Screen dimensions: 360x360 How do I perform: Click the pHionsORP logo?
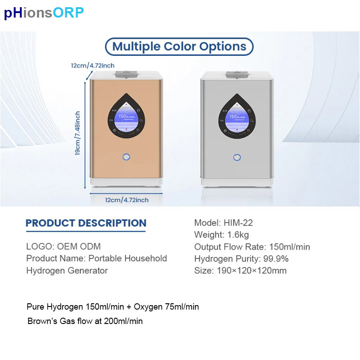[44, 13]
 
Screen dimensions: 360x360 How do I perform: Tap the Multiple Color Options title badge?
[179, 46]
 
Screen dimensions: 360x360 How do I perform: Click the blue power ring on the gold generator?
[126, 157]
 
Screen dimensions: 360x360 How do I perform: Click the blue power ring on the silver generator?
[237, 157]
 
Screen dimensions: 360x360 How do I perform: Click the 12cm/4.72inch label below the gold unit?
[126, 200]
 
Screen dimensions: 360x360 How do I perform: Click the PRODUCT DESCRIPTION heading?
[86, 223]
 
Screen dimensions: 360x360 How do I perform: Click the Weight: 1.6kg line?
[221, 234]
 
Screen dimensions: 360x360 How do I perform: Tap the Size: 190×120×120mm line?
[240, 270]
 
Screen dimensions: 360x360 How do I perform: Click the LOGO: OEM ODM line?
[63, 247]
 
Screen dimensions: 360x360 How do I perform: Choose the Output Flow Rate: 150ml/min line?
[252, 247]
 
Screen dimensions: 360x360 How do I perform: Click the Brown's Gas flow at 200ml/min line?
[85, 321]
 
